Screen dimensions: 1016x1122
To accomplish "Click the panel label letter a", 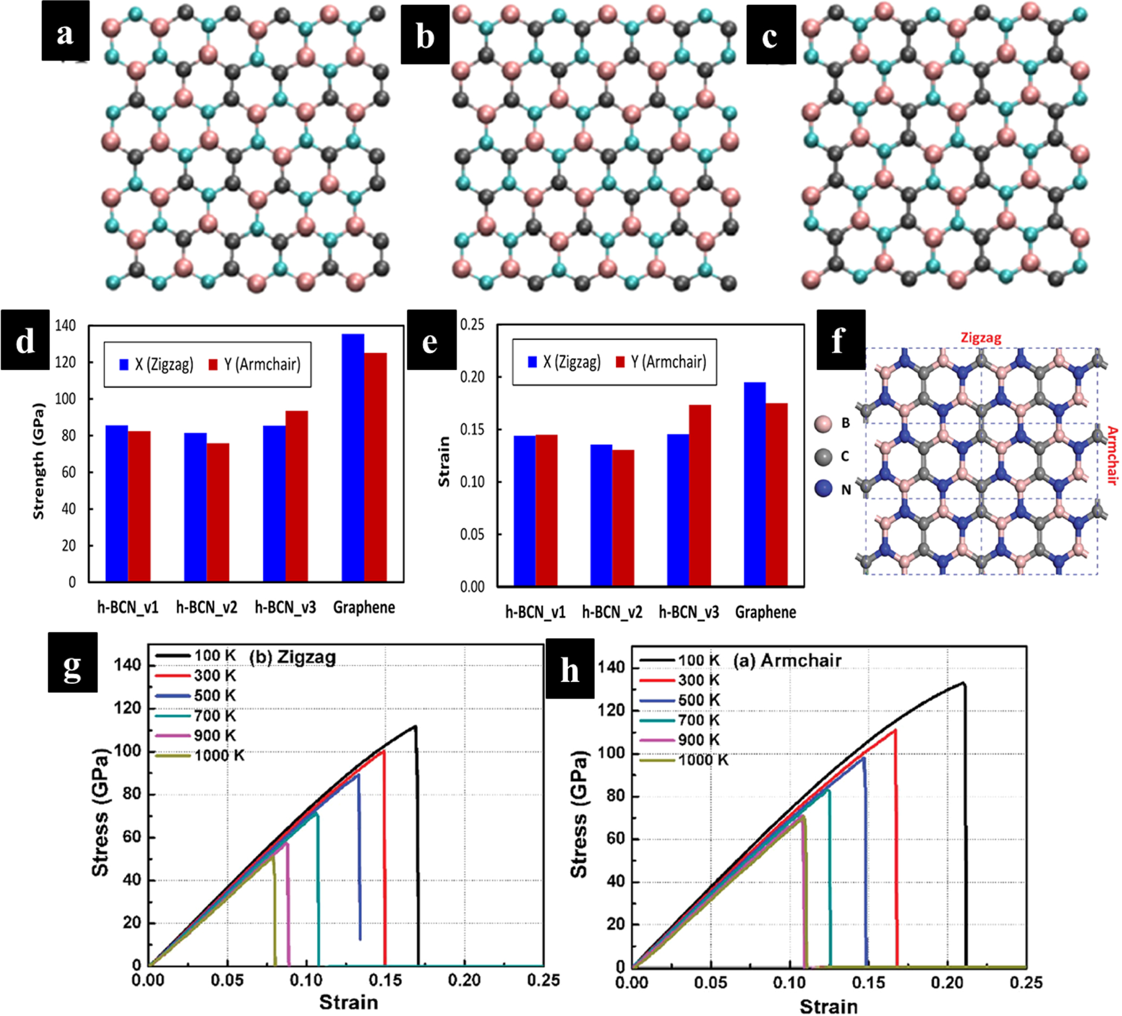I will pyautogui.click(x=65, y=32).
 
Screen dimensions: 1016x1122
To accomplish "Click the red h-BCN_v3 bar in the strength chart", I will pyautogui.click(x=296, y=496).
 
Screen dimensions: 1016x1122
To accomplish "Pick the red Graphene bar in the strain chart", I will pyautogui.click(x=776, y=495).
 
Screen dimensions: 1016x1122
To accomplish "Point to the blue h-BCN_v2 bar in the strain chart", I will pyautogui.click(x=601, y=515).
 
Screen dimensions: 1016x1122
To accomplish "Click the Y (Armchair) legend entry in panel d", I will pyautogui.click(x=254, y=365).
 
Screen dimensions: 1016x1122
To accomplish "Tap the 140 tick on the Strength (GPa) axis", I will pyautogui.click(x=66, y=326).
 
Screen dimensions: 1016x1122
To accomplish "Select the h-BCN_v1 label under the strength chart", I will pyautogui.click(x=128, y=607).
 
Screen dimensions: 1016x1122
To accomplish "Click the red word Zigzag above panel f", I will pyautogui.click(x=981, y=338).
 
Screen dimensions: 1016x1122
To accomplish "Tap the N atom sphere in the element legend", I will pyautogui.click(x=823, y=489).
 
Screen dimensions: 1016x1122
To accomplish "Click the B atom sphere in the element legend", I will pyautogui.click(x=823, y=423).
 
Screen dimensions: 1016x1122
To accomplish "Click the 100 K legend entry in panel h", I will pyautogui.click(x=680, y=661).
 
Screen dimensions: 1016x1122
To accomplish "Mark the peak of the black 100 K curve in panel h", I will pyautogui.click(x=963, y=683).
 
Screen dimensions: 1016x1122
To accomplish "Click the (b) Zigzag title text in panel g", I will pyautogui.click(x=293, y=657).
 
